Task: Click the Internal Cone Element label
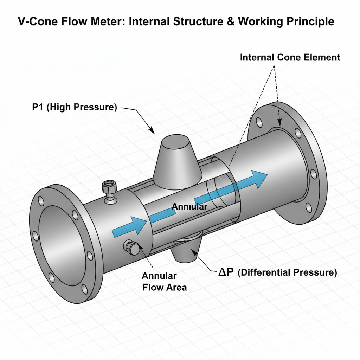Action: pyautogui.click(x=290, y=58)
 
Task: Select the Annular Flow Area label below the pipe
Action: pyautogui.click(x=164, y=282)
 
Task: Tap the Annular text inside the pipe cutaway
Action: pyautogui.click(x=189, y=207)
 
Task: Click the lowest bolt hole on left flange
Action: pyautogui.click(x=84, y=289)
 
